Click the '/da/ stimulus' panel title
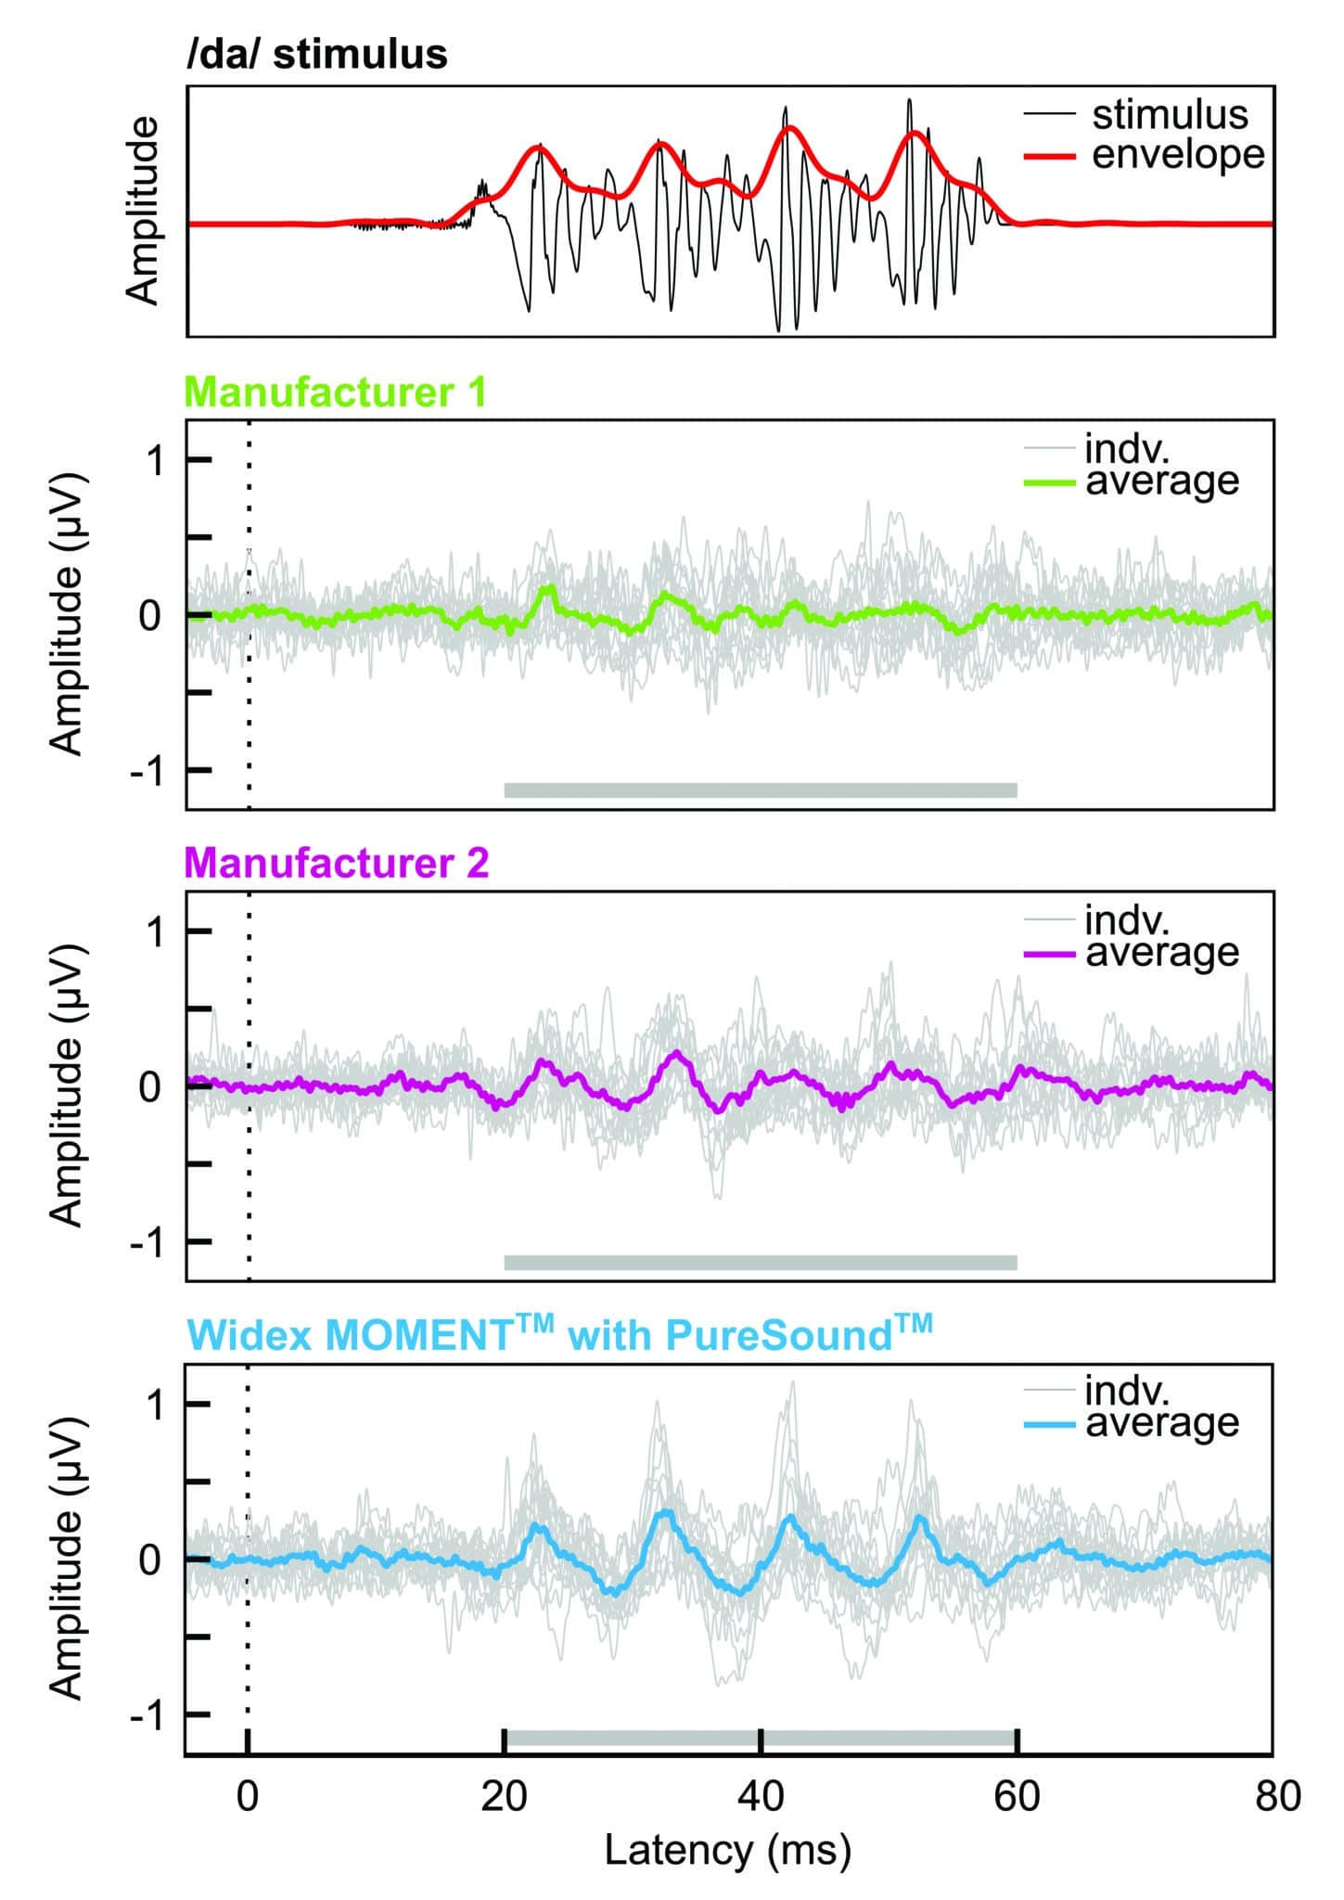point(316,56)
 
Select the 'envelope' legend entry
point(1176,154)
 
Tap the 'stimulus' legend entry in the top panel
point(1169,115)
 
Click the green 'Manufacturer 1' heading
point(336,392)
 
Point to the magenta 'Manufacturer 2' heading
point(337,863)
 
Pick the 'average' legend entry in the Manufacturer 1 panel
point(1161,481)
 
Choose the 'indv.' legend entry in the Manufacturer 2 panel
point(1127,920)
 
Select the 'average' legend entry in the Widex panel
point(1161,1423)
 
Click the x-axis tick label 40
point(761,1797)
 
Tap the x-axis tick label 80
point(1277,1797)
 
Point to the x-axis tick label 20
point(504,1797)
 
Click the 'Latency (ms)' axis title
point(728,1851)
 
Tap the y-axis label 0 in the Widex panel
point(150,1560)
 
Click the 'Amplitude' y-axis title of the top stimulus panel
point(143,212)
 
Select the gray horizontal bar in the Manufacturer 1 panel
point(761,790)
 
